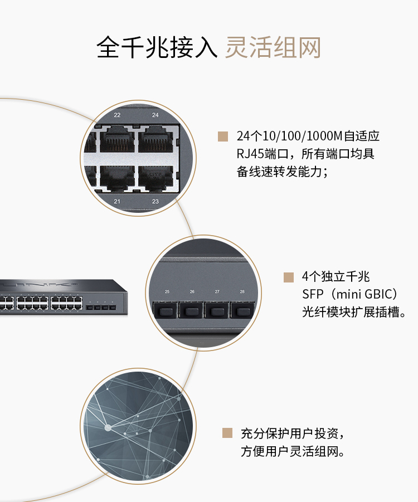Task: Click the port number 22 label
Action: [117, 115]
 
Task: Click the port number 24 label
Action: [155, 115]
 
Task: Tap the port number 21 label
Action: [117, 201]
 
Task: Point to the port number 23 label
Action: [155, 201]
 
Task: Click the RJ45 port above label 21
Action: [116, 177]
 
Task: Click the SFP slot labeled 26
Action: [192, 310]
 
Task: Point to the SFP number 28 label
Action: [242, 291]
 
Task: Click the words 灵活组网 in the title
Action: [273, 47]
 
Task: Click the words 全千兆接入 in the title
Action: [157, 47]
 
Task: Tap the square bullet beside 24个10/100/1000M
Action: [223, 136]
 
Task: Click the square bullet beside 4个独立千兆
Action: [288, 277]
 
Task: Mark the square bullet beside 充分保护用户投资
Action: [227, 433]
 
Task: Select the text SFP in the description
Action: [312, 294]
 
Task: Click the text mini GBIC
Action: [363, 294]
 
